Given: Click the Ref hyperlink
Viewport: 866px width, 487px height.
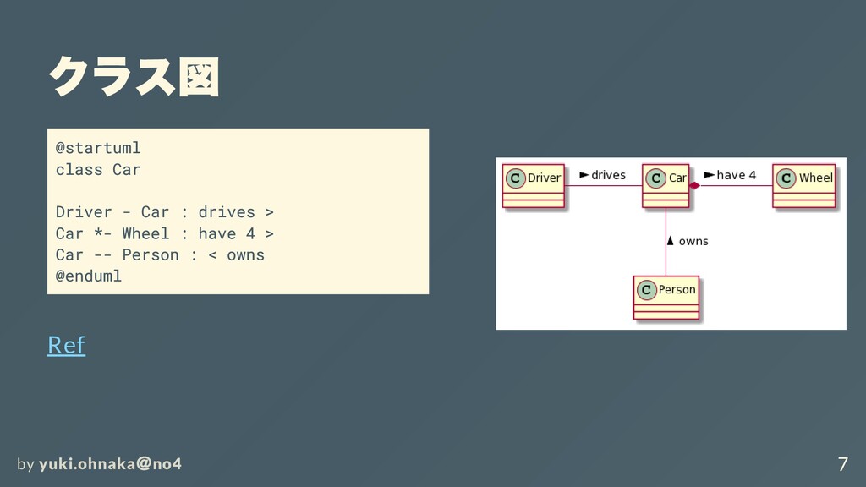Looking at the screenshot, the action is [x=66, y=345].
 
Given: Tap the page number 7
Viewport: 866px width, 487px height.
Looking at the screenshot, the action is [x=842, y=464].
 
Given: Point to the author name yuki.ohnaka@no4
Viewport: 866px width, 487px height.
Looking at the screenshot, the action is [x=110, y=464].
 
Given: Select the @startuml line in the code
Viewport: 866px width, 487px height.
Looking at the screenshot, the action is [x=98, y=148].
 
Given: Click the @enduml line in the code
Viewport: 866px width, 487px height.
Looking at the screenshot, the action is [x=89, y=276].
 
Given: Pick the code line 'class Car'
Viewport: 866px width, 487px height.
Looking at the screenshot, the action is [x=98, y=169].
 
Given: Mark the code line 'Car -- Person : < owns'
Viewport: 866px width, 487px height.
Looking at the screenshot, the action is [x=160, y=254].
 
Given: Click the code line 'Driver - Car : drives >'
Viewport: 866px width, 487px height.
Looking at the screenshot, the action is [x=164, y=211].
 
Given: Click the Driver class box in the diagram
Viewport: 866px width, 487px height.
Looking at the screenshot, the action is [x=534, y=185].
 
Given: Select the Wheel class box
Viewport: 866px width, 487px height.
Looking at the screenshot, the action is [x=803, y=185].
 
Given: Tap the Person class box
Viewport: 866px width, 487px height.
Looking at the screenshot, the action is [x=666, y=297].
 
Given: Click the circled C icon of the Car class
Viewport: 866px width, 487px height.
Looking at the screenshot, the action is [x=656, y=178].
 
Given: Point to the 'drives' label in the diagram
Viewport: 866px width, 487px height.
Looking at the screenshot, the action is [x=608, y=175].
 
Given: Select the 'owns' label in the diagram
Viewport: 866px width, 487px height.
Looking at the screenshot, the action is [x=693, y=241].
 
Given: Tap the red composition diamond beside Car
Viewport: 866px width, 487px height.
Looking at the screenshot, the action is [x=694, y=185].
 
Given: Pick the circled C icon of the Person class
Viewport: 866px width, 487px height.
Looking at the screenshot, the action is [x=646, y=290].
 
